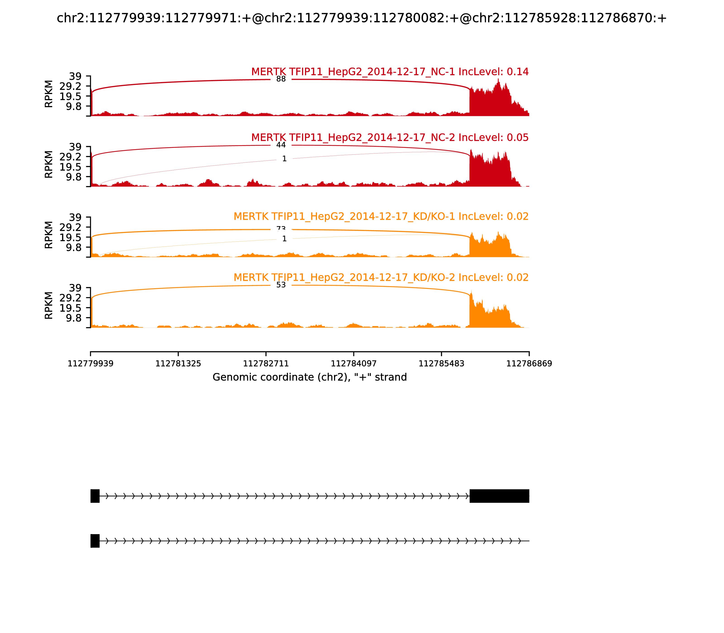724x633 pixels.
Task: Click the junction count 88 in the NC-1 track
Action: pos(281,79)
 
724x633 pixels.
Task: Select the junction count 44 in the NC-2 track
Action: pos(281,145)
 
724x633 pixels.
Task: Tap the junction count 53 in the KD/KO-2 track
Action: pos(281,285)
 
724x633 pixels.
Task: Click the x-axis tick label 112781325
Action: pos(178,364)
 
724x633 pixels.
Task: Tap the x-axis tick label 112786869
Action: pos(529,364)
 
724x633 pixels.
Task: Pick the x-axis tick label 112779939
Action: pos(90,364)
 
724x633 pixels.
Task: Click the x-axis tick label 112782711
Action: pos(266,364)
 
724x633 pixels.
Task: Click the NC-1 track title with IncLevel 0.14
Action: pos(390,72)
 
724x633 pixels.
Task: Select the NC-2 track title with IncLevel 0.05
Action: pos(390,138)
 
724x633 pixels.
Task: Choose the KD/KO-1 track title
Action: pos(381,217)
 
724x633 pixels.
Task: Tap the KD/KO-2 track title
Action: pos(381,278)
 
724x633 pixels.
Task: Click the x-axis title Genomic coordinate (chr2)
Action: pos(310,377)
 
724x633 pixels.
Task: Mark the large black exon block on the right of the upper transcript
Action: pos(499,496)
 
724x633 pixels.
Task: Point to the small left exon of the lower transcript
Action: pos(95,541)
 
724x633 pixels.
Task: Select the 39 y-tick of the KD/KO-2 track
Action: pos(75,288)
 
